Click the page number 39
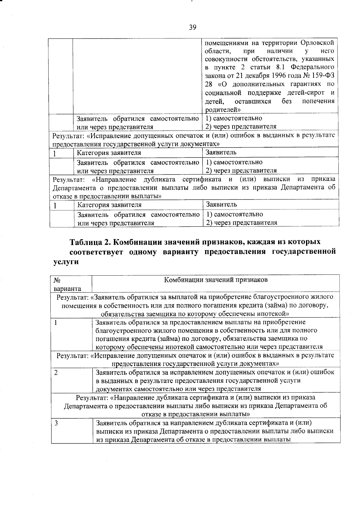pos(193,28)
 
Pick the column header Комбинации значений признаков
pos(216,280)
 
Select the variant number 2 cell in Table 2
pos(56,373)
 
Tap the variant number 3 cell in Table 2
pos(56,423)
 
